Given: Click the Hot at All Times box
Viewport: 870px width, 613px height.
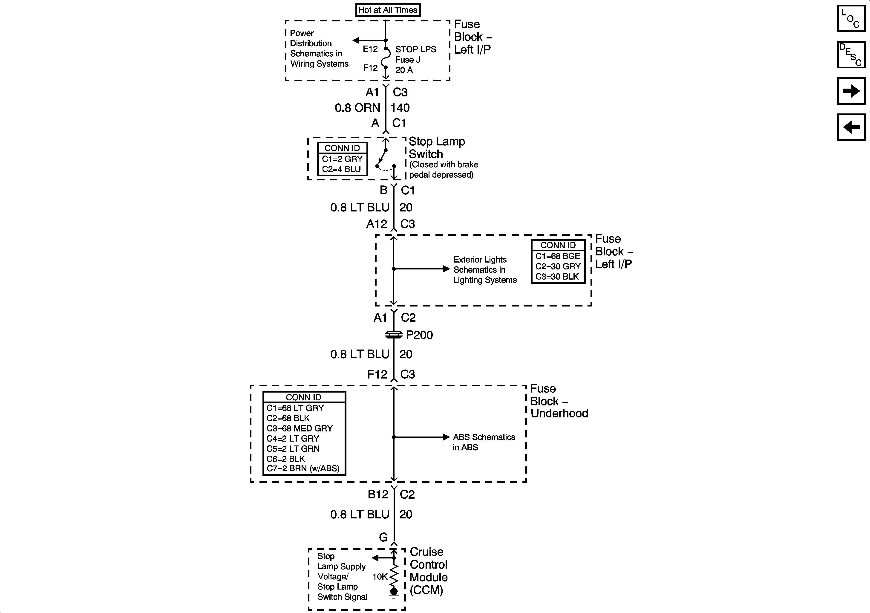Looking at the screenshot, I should (388, 10).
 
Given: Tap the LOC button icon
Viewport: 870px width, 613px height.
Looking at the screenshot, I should (851, 19).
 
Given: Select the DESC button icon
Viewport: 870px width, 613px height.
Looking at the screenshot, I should (851, 55).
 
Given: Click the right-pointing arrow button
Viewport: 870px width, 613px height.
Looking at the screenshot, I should (851, 91).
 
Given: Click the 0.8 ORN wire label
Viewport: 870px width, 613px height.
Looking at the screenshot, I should (357, 108).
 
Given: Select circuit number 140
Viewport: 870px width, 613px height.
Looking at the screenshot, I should (400, 108).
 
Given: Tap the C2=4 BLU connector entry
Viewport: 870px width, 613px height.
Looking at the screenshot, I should (341, 169).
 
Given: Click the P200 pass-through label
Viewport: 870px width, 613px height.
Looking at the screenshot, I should (419, 335).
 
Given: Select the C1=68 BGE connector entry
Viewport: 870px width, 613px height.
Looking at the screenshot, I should (558, 256).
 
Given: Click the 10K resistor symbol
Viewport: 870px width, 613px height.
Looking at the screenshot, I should (394, 576).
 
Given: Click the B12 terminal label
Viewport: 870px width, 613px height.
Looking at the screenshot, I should (378, 494).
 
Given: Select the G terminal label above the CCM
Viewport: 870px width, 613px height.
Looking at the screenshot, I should (383, 538).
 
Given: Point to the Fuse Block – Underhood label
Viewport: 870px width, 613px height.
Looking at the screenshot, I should (559, 401).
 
